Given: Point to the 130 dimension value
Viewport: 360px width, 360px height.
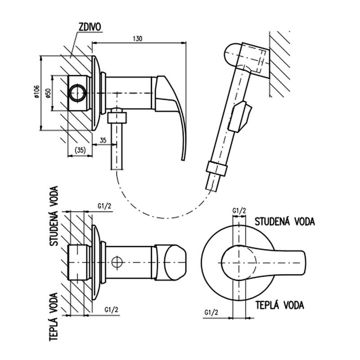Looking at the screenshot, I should (x=138, y=39).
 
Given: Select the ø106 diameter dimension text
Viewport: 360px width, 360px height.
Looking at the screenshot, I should (x=36, y=92).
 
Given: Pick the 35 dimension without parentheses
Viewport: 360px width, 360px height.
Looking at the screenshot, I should (x=103, y=140).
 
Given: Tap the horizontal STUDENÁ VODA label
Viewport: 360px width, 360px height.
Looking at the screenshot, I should (x=285, y=222).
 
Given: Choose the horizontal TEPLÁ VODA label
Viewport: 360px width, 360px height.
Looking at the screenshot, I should (x=280, y=306).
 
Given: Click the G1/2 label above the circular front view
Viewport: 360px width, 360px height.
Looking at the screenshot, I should (x=239, y=210).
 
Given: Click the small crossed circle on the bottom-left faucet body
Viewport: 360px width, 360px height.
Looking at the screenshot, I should (x=117, y=261).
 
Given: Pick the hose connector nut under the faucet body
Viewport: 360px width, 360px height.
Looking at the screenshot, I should (x=118, y=117).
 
